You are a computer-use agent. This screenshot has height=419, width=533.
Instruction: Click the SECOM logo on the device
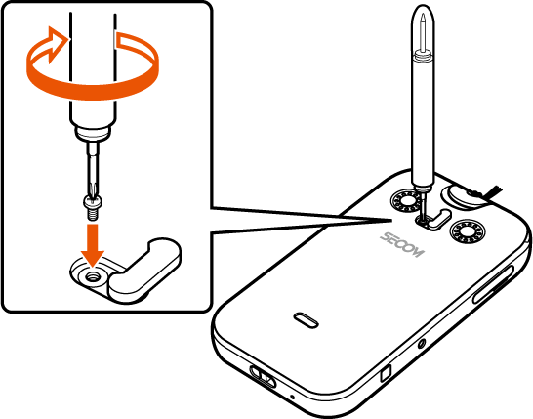(402, 245)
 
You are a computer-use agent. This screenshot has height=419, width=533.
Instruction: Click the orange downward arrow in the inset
(93, 244)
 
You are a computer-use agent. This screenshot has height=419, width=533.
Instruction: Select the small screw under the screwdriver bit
(93, 207)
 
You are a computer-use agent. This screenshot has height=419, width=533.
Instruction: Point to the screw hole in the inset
(91, 277)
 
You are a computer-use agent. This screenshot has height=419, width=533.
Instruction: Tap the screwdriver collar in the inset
(93, 133)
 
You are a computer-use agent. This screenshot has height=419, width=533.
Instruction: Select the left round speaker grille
(406, 201)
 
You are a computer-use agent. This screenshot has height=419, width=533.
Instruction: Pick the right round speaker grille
(468, 232)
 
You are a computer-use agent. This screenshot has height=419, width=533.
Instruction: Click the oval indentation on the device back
(306, 320)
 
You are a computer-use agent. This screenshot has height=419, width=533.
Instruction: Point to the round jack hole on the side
(422, 344)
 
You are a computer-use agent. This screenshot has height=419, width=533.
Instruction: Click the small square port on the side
(387, 373)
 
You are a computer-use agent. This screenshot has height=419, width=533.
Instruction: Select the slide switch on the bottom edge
(263, 376)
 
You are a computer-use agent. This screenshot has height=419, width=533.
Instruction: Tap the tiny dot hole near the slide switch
(292, 397)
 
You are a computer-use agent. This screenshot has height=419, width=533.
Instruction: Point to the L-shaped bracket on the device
(437, 220)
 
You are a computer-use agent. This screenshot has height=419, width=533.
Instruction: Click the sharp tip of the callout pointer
(391, 220)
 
